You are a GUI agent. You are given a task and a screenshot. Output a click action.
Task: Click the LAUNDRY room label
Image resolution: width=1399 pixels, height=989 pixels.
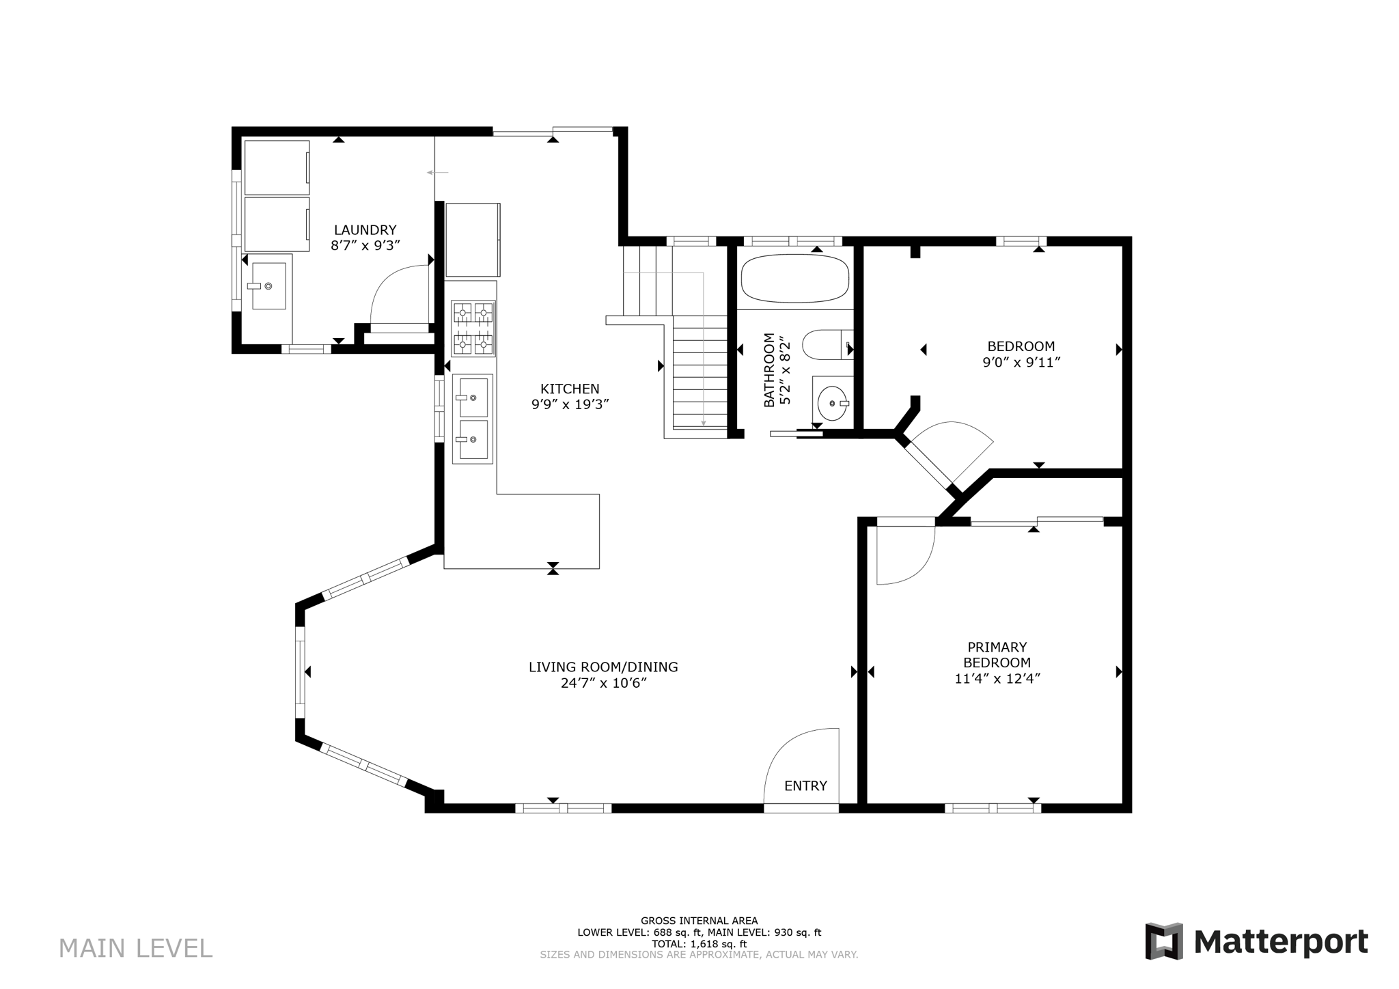tap(365, 230)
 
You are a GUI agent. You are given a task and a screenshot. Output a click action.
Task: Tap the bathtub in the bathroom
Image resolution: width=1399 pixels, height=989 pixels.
tap(794, 279)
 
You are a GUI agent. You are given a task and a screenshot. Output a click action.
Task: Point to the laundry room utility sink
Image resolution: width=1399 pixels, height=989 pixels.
tap(268, 285)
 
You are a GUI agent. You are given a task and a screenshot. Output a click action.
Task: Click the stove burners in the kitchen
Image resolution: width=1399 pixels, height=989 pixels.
tap(473, 329)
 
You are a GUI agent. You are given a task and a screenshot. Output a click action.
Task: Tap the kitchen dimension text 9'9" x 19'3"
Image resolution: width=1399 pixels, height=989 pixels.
tap(570, 404)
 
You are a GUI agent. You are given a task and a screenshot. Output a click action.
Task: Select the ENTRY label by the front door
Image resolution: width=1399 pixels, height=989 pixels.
tap(805, 785)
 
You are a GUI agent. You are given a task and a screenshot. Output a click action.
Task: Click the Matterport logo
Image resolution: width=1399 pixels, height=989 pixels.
tap(1256, 942)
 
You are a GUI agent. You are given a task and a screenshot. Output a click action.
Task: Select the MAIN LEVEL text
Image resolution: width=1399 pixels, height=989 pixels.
tap(135, 948)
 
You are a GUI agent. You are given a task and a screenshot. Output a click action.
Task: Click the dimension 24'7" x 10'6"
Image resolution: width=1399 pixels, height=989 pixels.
tap(603, 683)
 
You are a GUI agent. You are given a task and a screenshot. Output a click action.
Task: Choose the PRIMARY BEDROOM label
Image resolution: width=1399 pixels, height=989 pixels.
tap(997, 654)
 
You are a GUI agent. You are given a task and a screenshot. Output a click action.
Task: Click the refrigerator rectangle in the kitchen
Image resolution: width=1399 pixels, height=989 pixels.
tap(472, 240)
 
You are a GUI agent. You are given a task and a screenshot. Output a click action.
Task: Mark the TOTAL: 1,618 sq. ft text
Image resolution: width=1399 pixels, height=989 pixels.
tap(699, 944)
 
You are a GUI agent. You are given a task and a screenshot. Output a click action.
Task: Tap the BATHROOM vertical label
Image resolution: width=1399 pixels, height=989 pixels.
tap(770, 370)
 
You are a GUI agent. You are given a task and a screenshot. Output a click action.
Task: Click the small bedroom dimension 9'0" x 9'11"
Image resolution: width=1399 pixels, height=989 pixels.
tap(1021, 363)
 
